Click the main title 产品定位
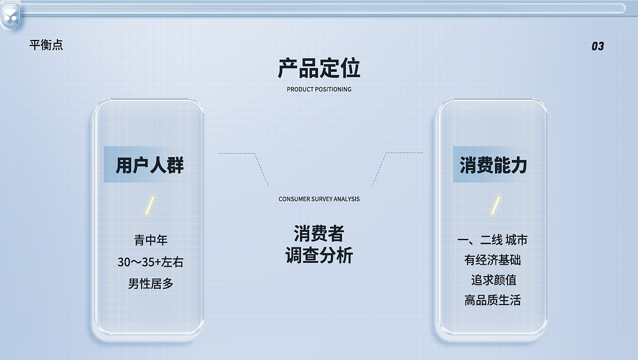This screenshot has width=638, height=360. [319, 68]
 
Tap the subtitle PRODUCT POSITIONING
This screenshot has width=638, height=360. [319, 89]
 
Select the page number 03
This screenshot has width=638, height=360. [598, 46]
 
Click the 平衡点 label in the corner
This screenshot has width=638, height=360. [46, 45]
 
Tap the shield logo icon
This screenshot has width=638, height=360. [11, 15]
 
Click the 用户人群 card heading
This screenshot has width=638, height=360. [150, 165]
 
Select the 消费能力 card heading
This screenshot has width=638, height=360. [493, 165]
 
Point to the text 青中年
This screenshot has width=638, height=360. [151, 240]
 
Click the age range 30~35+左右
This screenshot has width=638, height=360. [151, 262]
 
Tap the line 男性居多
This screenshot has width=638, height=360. [151, 284]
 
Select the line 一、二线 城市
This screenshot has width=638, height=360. [492, 240]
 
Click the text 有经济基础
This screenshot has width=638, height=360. [492, 260]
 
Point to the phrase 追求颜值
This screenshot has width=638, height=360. [493, 280]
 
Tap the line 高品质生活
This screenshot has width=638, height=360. [492, 300]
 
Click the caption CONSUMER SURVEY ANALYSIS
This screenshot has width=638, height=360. [319, 199]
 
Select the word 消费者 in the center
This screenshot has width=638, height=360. [319, 233]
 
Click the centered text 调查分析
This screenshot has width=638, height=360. [319, 255]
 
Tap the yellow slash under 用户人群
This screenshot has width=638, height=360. [150, 205]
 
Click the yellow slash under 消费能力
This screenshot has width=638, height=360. [495, 205]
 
